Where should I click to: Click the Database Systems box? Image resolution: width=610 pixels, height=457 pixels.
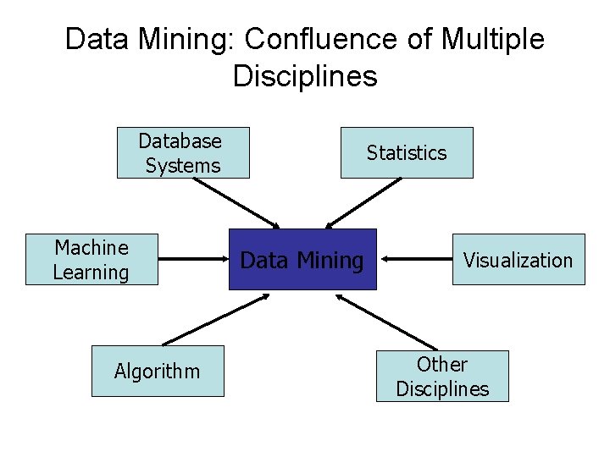coord(183,152)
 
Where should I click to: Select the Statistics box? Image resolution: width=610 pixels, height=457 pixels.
coord(407,152)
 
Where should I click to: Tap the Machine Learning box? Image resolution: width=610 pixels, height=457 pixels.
coord(91,259)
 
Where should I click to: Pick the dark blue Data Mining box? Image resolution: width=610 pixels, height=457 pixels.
coord(302,259)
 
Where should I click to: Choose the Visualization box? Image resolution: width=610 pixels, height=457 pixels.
coord(518,259)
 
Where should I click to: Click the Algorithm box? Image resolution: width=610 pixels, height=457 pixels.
coord(158,371)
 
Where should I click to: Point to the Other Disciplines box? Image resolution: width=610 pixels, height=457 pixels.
coord(442,376)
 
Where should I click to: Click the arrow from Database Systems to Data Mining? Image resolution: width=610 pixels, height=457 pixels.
coord(241,203)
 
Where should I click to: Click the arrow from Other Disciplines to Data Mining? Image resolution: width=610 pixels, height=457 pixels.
coord(385,322)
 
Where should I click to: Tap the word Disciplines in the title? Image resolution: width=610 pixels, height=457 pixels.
coord(305,76)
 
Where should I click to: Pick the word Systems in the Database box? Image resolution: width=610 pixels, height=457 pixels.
coord(183,166)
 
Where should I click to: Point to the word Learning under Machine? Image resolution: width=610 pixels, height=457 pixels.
coord(91,273)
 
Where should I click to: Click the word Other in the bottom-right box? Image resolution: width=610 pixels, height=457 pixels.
coord(442,365)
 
